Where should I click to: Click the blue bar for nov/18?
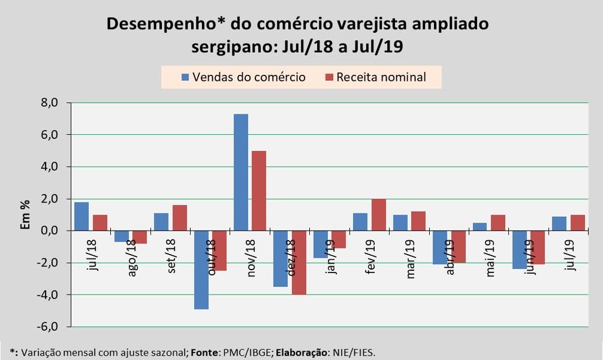pyautogui.click(x=240, y=172)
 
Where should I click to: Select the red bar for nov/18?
pyautogui.click(x=259, y=190)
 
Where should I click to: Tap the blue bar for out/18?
pyautogui.click(x=201, y=270)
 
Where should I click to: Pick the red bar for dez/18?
pyautogui.click(x=299, y=262)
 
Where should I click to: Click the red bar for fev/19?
pyautogui.click(x=378, y=214)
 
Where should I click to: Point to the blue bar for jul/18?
pyautogui.click(x=82, y=216)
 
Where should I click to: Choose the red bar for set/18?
pyautogui.click(x=180, y=217)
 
